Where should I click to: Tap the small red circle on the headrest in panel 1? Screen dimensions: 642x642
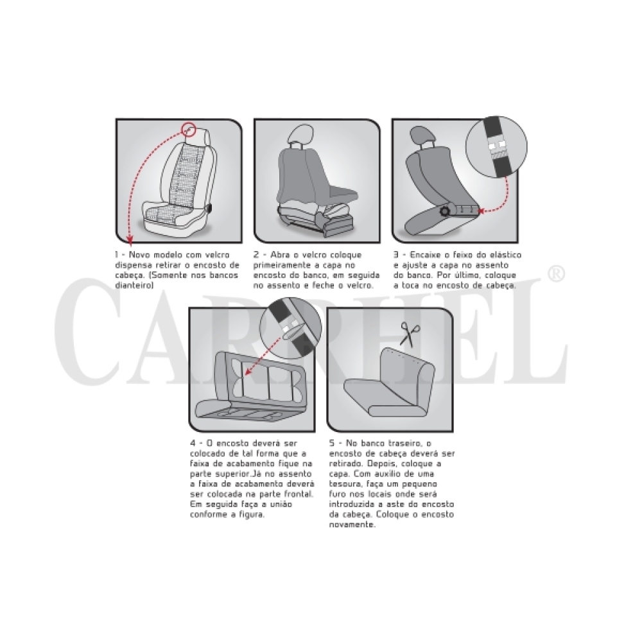pyautogui.click(x=189, y=130)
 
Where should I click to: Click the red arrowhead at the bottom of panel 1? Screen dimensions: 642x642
pyautogui.click(x=130, y=239)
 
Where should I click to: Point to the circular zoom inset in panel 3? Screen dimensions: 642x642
pyautogui.click(x=497, y=146)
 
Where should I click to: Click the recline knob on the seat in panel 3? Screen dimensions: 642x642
pyautogui.click(x=445, y=211)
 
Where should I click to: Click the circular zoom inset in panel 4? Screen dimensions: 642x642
pyautogui.click(x=291, y=327)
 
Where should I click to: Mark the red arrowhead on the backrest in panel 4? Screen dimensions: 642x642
pyautogui.click(x=247, y=372)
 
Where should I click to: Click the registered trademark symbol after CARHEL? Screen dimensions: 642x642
pyautogui.click(x=555, y=274)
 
